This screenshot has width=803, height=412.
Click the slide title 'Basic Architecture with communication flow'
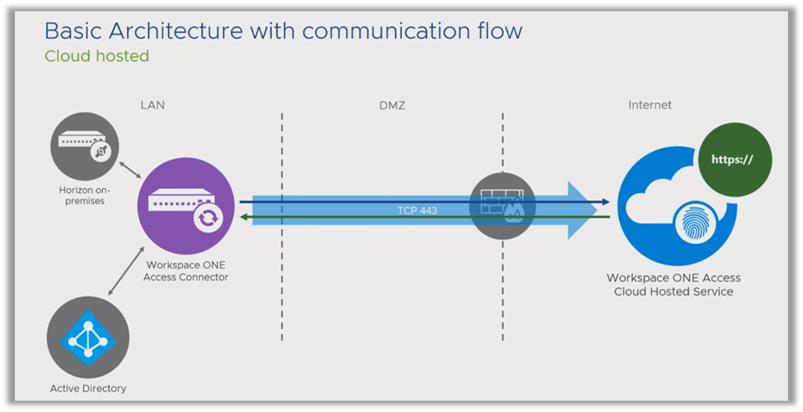pos(283,31)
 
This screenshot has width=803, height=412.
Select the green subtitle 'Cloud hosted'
pos(96,56)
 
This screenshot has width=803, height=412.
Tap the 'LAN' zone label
pos(152,105)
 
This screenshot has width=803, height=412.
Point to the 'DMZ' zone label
pos(391,105)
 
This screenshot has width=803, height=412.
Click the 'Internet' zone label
pos(649,105)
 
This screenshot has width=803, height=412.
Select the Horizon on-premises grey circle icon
pos(83,144)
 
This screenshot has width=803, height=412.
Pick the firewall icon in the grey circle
pos(502,206)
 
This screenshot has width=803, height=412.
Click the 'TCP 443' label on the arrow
pos(417,211)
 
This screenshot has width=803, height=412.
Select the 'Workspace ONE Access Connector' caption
pos(185,271)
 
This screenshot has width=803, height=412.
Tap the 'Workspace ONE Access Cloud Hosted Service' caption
pos(673,284)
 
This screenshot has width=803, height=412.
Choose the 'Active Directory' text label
pos(87,388)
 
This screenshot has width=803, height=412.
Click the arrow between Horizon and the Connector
pos(131,166)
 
